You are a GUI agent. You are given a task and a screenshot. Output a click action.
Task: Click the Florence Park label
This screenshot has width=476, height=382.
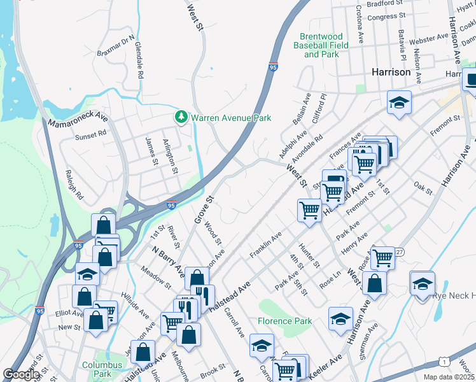tap(285, 321)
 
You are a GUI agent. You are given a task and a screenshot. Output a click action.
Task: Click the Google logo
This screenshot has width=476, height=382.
tap(21, 374)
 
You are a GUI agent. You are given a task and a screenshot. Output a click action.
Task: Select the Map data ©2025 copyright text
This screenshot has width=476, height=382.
tap(449, 377)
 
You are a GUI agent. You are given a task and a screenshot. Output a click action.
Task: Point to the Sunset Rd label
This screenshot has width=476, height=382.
tap(90, 136)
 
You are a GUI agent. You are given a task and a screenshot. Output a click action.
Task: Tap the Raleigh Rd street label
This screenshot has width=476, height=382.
tap(74, 185)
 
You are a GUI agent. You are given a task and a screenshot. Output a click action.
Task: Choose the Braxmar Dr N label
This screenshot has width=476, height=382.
tap(116, 45)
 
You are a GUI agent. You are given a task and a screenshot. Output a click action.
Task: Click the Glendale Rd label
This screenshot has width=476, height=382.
tap(139, 61)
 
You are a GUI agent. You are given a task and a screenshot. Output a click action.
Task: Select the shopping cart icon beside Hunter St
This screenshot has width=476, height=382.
tap(309, 209)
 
